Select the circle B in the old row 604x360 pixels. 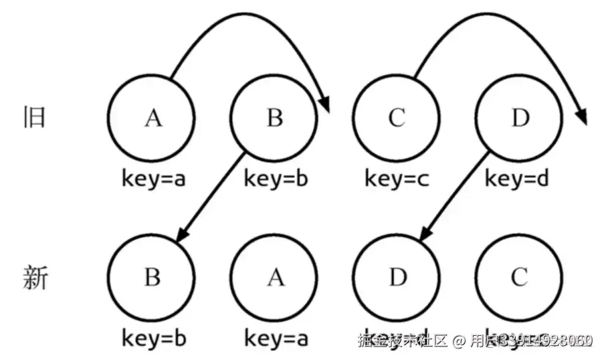pos(274,118)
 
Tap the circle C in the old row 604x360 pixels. pos(397,118)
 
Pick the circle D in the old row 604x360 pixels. pos(519,118)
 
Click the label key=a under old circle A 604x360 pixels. pos(153,179)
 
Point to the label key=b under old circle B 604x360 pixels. pos(276,179)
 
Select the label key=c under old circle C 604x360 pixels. pos(397,179)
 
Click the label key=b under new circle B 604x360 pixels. pos(153,339)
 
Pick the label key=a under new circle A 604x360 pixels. pos(276,339)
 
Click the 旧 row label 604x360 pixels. pos(34,117)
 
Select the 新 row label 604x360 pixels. pos(35,277)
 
